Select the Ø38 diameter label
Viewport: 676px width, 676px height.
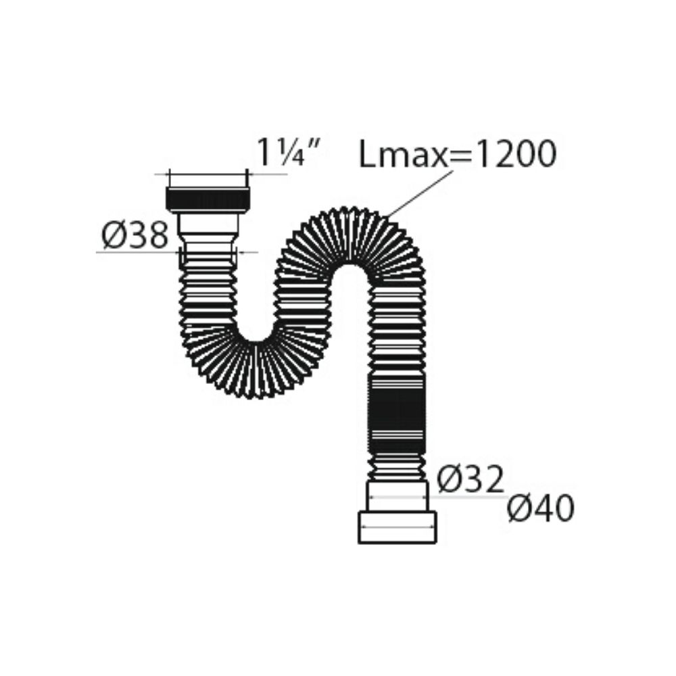(x=135, y=236)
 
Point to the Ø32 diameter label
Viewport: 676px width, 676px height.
(x=470, y=480)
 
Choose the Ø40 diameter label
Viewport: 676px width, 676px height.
(x=541, y=509)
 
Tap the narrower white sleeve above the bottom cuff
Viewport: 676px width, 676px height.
(x=397, y=496)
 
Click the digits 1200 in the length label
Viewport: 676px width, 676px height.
(x=516, y=154)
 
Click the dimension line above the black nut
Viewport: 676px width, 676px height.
(x=208, y=174)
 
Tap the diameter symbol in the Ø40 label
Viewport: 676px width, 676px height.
(x=520, y=510)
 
